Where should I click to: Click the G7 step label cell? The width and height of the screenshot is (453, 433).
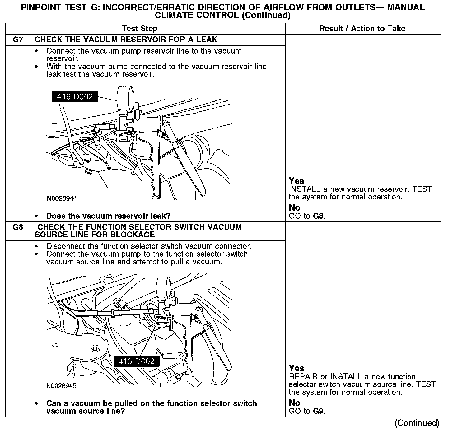18,40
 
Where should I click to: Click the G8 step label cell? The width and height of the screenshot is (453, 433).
18,227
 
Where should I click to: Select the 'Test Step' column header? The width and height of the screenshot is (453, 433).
140,29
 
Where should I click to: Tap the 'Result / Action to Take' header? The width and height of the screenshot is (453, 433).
362,29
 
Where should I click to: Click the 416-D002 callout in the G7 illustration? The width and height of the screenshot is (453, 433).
75,97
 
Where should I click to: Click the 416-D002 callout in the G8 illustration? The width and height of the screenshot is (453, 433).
136,361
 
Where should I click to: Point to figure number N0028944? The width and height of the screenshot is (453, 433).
62,198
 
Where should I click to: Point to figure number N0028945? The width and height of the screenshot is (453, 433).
62,386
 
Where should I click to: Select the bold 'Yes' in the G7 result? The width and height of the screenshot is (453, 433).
297,181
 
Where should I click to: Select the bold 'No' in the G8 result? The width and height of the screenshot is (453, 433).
294,403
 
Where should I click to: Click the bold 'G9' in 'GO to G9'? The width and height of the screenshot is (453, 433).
319,411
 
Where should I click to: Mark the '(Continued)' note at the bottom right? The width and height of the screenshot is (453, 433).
417,423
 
